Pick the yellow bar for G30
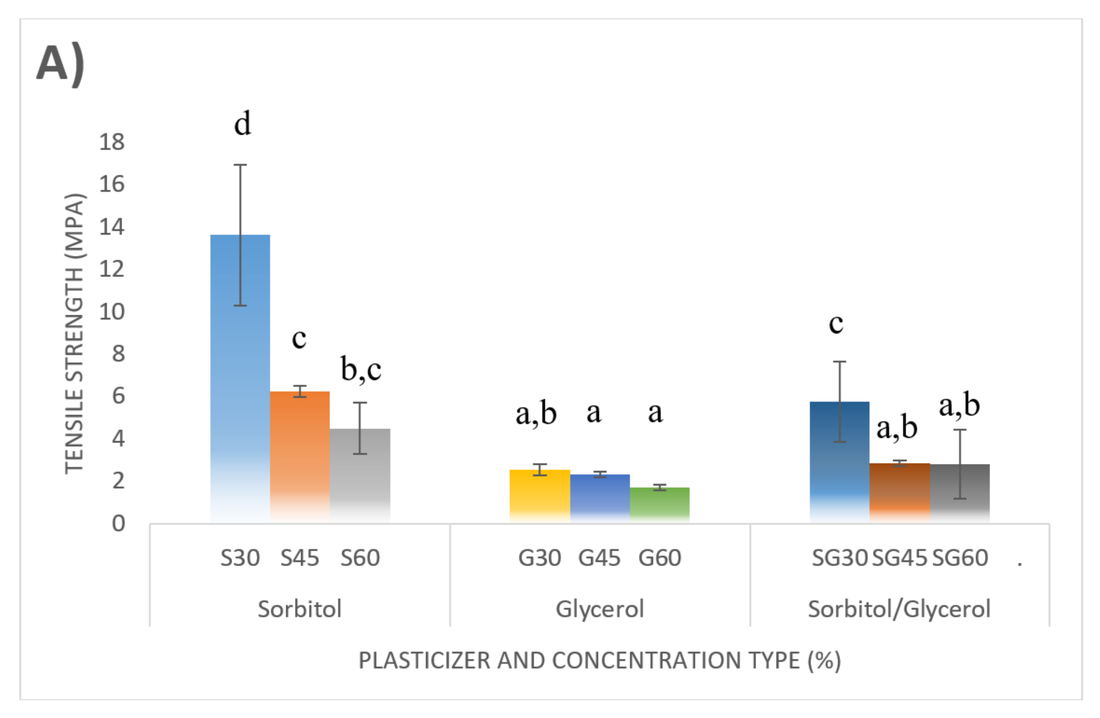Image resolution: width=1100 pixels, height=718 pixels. point(539,496)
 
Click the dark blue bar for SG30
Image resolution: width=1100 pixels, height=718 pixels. point(839,462)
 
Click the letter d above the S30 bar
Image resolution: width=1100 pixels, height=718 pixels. point(242,124)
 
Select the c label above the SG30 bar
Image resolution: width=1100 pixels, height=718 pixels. point(836,324)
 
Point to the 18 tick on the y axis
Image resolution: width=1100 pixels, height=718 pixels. point(112,142)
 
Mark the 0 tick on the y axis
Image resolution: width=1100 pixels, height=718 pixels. point(118,523)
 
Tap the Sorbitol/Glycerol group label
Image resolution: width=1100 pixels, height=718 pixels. point(899,609)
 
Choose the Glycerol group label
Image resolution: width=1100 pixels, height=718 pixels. point(599,609)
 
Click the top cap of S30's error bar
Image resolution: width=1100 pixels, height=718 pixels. point(240,165)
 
